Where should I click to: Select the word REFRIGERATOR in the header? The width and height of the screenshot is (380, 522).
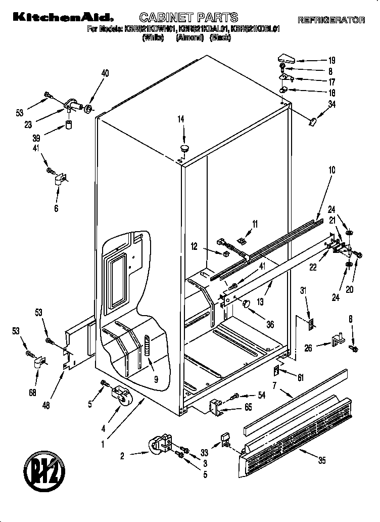(331, 20)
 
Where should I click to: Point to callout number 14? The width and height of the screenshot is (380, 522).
(180, 119)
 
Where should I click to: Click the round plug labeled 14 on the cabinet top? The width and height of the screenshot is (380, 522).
(183, 148)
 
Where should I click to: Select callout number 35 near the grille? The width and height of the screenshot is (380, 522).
(321, 460)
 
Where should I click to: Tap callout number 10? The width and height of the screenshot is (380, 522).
(331, 170)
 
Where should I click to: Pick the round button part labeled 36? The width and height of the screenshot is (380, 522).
(247, 303)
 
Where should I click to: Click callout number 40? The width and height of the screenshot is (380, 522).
(105, 73)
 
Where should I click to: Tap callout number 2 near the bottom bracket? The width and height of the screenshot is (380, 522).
(122, 455)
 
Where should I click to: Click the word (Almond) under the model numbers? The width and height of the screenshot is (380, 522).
(189, 38)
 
